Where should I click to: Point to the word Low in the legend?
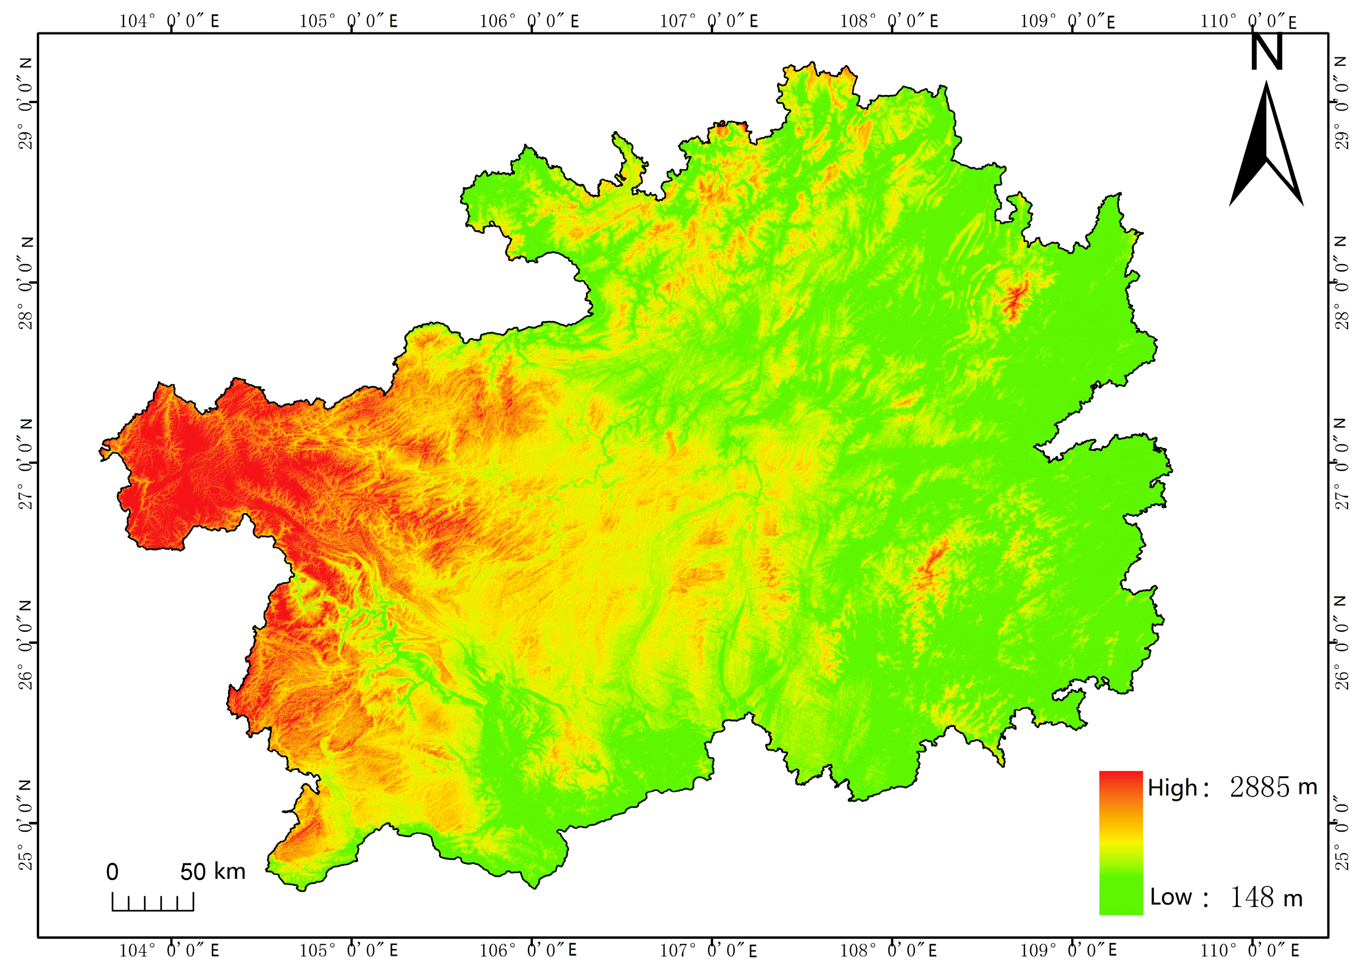pyautogui.click(x=1170, y=897)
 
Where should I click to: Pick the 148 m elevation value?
pyautogui.click(x=1266, y=897)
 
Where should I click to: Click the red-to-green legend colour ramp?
pyautogui.click(x=1120, y=842)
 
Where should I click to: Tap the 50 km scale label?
pyautogui.click(x=213, y=872)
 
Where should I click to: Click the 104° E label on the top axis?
pyautogui.click(x=169, y=22)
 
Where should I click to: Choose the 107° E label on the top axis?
pyautogui.click(x=709, y=22)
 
